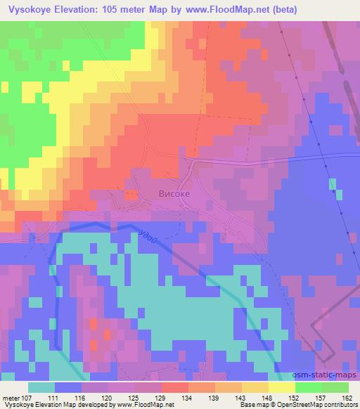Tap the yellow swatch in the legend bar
pos(282,387)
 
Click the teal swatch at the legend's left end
pos(41,387)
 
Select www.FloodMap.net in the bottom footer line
pos(146,405)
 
